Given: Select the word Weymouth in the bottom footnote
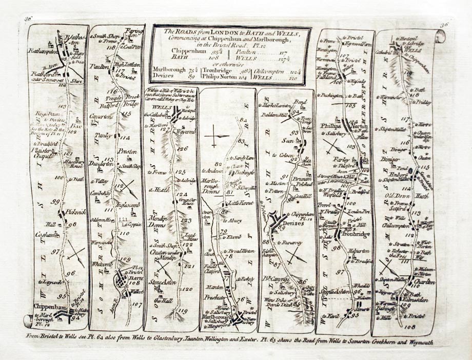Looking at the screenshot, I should point(421,342).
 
